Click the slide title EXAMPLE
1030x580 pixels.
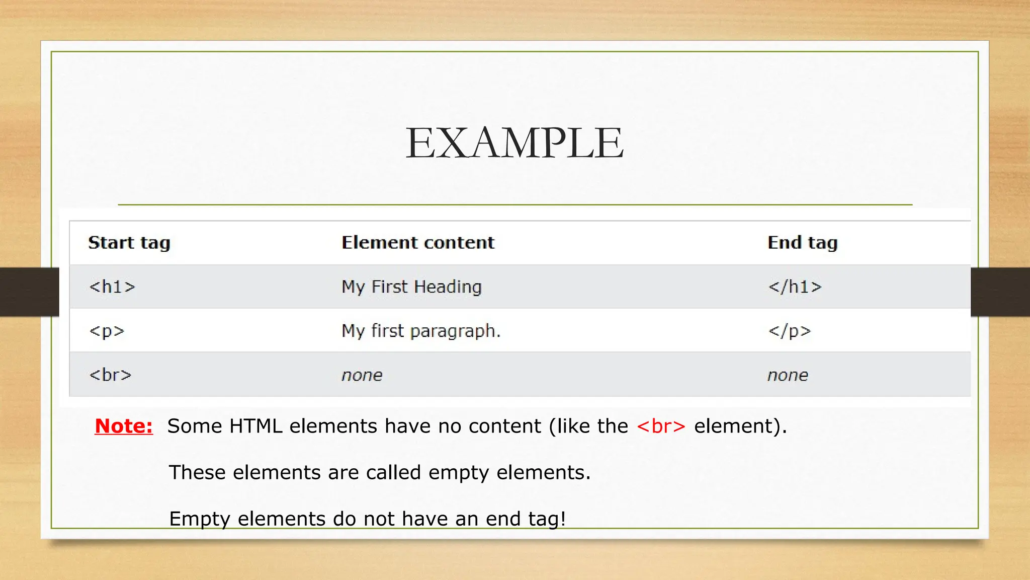point(514,143)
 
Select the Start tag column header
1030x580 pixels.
point(129,243)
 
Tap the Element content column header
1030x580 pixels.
point(418,243)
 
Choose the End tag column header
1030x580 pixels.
point(802,243)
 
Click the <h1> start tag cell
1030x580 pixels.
point(112,287)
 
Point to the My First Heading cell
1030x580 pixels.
point(411,287)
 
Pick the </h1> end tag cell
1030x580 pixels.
point(795,287)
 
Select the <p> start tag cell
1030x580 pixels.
point(107,331)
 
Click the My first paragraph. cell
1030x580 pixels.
point(421,331)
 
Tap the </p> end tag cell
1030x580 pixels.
point(790,331)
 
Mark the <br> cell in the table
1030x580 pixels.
point(110,375)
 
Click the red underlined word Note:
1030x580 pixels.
point(124,426)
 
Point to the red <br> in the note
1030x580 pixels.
point(661,426)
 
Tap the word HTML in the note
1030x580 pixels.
point(255,426)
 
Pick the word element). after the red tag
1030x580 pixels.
point(740,426)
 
